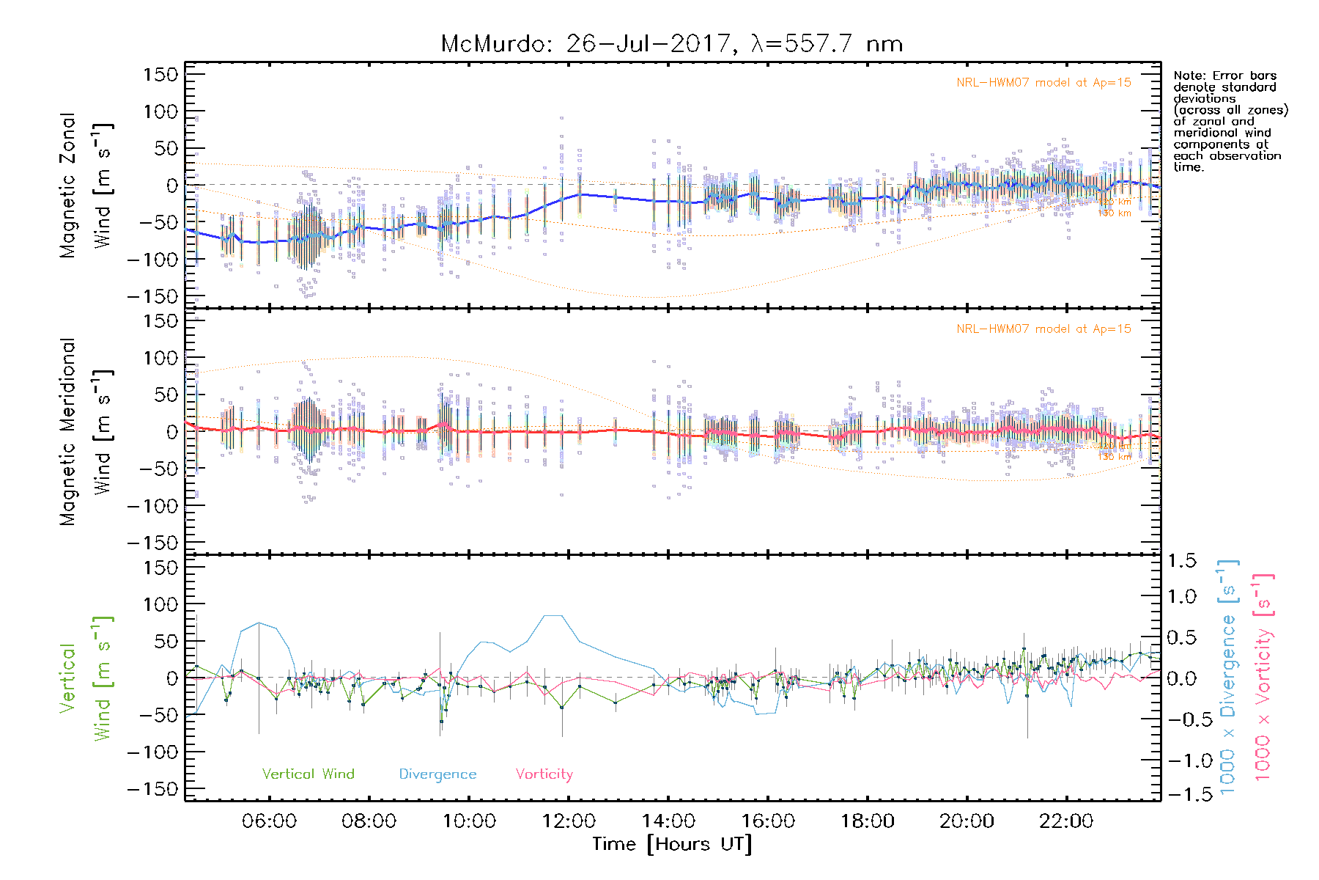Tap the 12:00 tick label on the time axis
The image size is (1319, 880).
tap(569, 821)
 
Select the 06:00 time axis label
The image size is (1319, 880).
tap(269, 821)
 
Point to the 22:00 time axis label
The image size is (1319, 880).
tap(1066, 821)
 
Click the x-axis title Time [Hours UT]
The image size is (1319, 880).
tap(672, 844)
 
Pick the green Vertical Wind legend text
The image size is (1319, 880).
tap(308, 774)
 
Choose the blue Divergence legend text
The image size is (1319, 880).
tap(437, 774)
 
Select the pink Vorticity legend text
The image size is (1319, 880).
tap(544, 774)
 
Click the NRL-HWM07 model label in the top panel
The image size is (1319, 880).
tap(1043, 83)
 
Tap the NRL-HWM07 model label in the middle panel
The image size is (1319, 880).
tap(1043, 329)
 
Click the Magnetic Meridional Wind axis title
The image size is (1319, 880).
tap(86, 432)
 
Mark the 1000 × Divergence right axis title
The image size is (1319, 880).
tap(1228, 678)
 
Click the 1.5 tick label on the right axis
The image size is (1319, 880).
tap(1181, 561)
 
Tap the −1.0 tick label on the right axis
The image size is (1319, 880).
tap(1181, 760)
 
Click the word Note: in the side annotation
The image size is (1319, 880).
tap(1189, 76)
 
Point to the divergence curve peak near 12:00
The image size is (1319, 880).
tap(553, 615)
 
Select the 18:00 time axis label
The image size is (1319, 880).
tap(867, 821)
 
